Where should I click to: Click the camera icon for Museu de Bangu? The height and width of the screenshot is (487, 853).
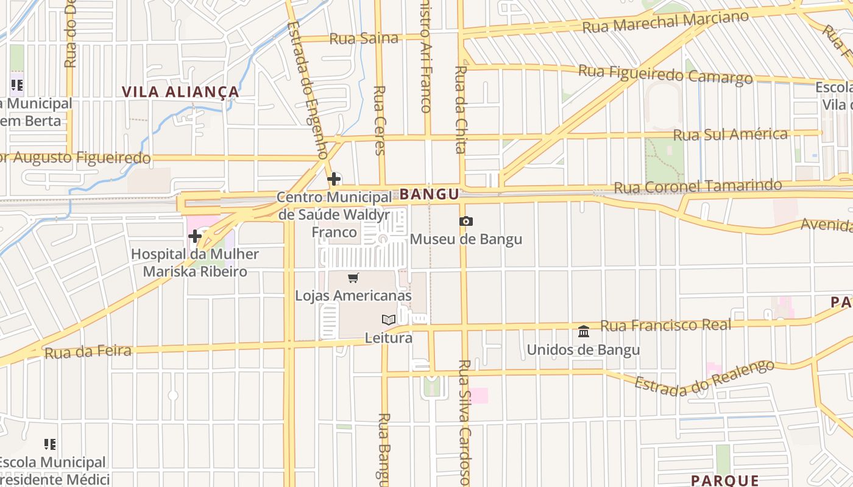pos(466,222)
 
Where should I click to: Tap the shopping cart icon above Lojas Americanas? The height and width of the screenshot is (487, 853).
pos(353,278)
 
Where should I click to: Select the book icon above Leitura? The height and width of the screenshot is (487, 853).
pos(388,320)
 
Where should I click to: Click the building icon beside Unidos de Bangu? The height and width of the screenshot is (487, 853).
pos(584,332)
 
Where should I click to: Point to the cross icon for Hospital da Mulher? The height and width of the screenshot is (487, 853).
pos(195,236)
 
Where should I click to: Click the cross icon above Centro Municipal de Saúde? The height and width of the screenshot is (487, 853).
pos(334,179)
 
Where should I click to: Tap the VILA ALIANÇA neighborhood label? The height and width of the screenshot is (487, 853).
pos(180,92)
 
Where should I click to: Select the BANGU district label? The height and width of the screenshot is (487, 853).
pos(429,195)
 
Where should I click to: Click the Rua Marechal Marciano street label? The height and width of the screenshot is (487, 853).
pos(665,23)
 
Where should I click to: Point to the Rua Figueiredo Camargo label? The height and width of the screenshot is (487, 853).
pos(665,74)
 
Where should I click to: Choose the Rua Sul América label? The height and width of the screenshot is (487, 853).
pos(731,134)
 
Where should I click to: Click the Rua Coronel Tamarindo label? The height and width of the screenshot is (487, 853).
pos(698,186)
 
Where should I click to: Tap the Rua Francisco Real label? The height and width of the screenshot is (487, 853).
pos(665,325)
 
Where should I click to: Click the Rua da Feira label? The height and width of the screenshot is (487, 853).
pos(88,351)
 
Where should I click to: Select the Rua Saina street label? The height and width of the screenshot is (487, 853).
pos(364,38)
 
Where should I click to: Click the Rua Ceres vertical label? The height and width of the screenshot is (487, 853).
pos(379,120)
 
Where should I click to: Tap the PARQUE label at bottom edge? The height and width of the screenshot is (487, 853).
pos(725,480)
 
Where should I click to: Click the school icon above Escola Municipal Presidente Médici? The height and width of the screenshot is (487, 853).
pos(50,444)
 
